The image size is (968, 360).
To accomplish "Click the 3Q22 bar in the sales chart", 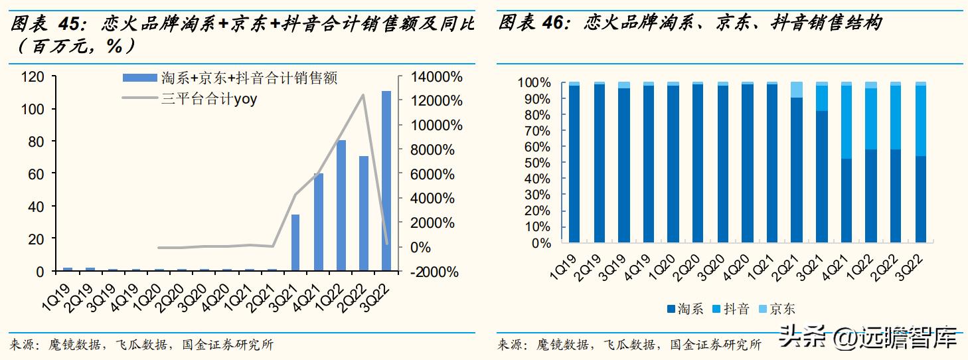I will (386, 181).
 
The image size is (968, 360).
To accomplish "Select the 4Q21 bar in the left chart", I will (319, 222).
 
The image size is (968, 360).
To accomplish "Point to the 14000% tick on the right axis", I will (436, 77).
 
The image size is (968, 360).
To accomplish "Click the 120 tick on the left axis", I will (33, 77).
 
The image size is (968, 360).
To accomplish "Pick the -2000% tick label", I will (432, 272).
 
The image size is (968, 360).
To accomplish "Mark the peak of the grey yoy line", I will (363, 94).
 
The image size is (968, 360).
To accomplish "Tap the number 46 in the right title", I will (553, 24).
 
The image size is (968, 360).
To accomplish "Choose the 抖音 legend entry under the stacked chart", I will (736, 309).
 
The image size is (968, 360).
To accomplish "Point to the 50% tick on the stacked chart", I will (538, 163).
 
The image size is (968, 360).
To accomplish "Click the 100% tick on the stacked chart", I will (535, 83).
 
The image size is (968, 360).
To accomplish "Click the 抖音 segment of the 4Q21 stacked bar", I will (847, 122).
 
